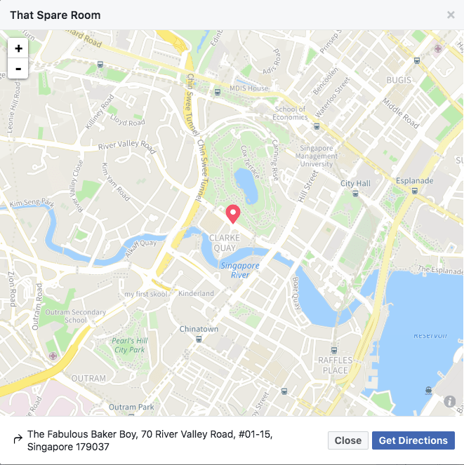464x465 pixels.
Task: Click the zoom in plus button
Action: [x=18, y=48]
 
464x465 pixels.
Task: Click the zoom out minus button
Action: [x=18, y=69]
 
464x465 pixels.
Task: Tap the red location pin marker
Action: [x=232, y=213]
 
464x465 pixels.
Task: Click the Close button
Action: [x=347, y=440]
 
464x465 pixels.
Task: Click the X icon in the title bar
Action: [x=451, y=15]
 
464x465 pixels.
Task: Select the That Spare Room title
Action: [x=55, y=15]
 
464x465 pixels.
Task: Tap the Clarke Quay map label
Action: [x=225, y=242]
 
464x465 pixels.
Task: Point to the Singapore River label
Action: [x=240, y=270]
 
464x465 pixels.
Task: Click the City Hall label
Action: [x=355, y=183]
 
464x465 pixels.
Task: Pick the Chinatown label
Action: [x=199, y=329]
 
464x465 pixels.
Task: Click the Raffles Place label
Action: [x=333, y=365]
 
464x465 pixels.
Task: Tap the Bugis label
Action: [x=399, y=80]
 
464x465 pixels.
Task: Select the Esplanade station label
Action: [x=415, y=180]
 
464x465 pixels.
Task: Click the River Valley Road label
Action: [x=127, y=146]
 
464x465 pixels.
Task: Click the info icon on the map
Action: [x=450, y=401]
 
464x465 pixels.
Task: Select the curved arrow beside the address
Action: [x=18, y=440]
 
